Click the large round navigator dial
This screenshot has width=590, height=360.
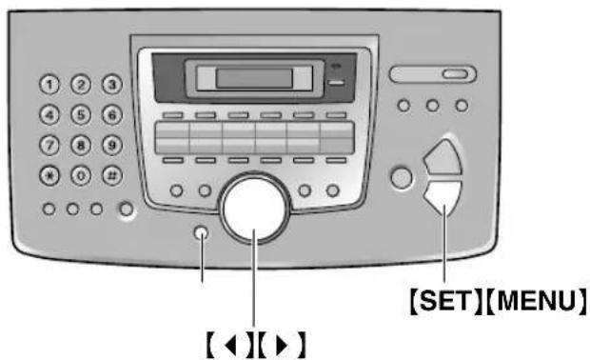(254, 207)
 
